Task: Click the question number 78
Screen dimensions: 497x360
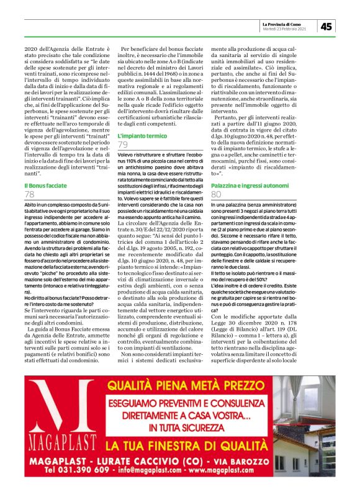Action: (x=29, y=195)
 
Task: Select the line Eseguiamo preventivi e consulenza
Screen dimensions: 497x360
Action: (x=186, y=401)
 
